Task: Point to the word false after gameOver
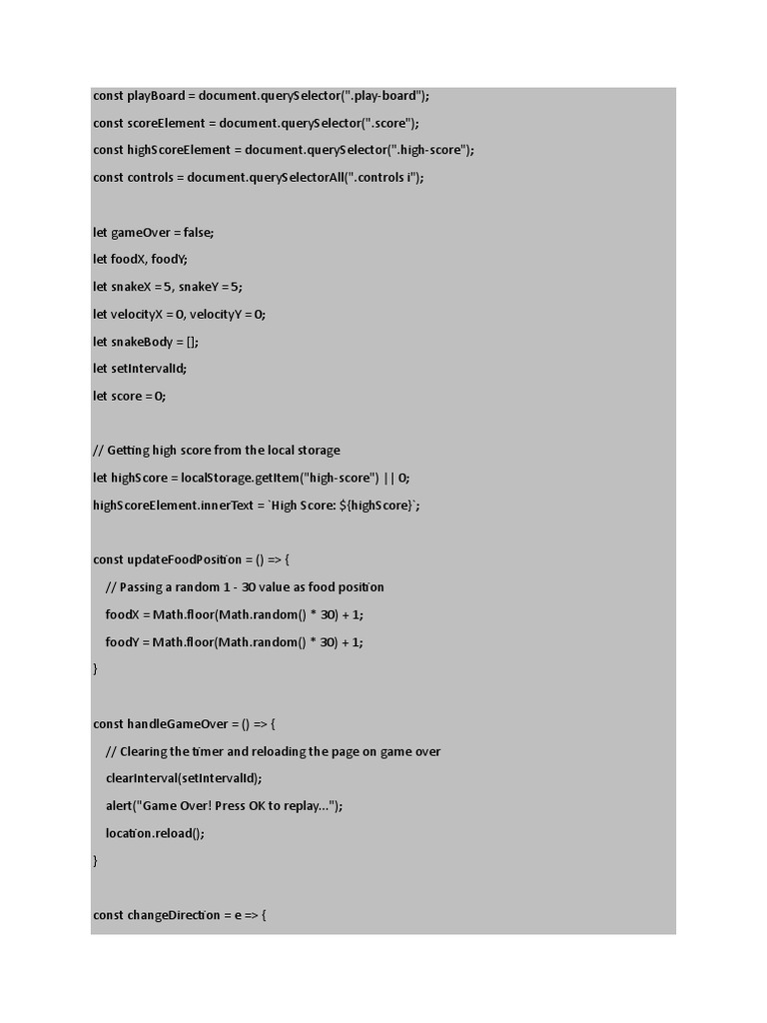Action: coord(198,232)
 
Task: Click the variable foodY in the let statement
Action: coord(168,259)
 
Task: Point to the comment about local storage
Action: coord(216,450)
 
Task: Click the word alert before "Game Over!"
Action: coord(119,805)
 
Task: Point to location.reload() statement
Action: coord(147,832)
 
